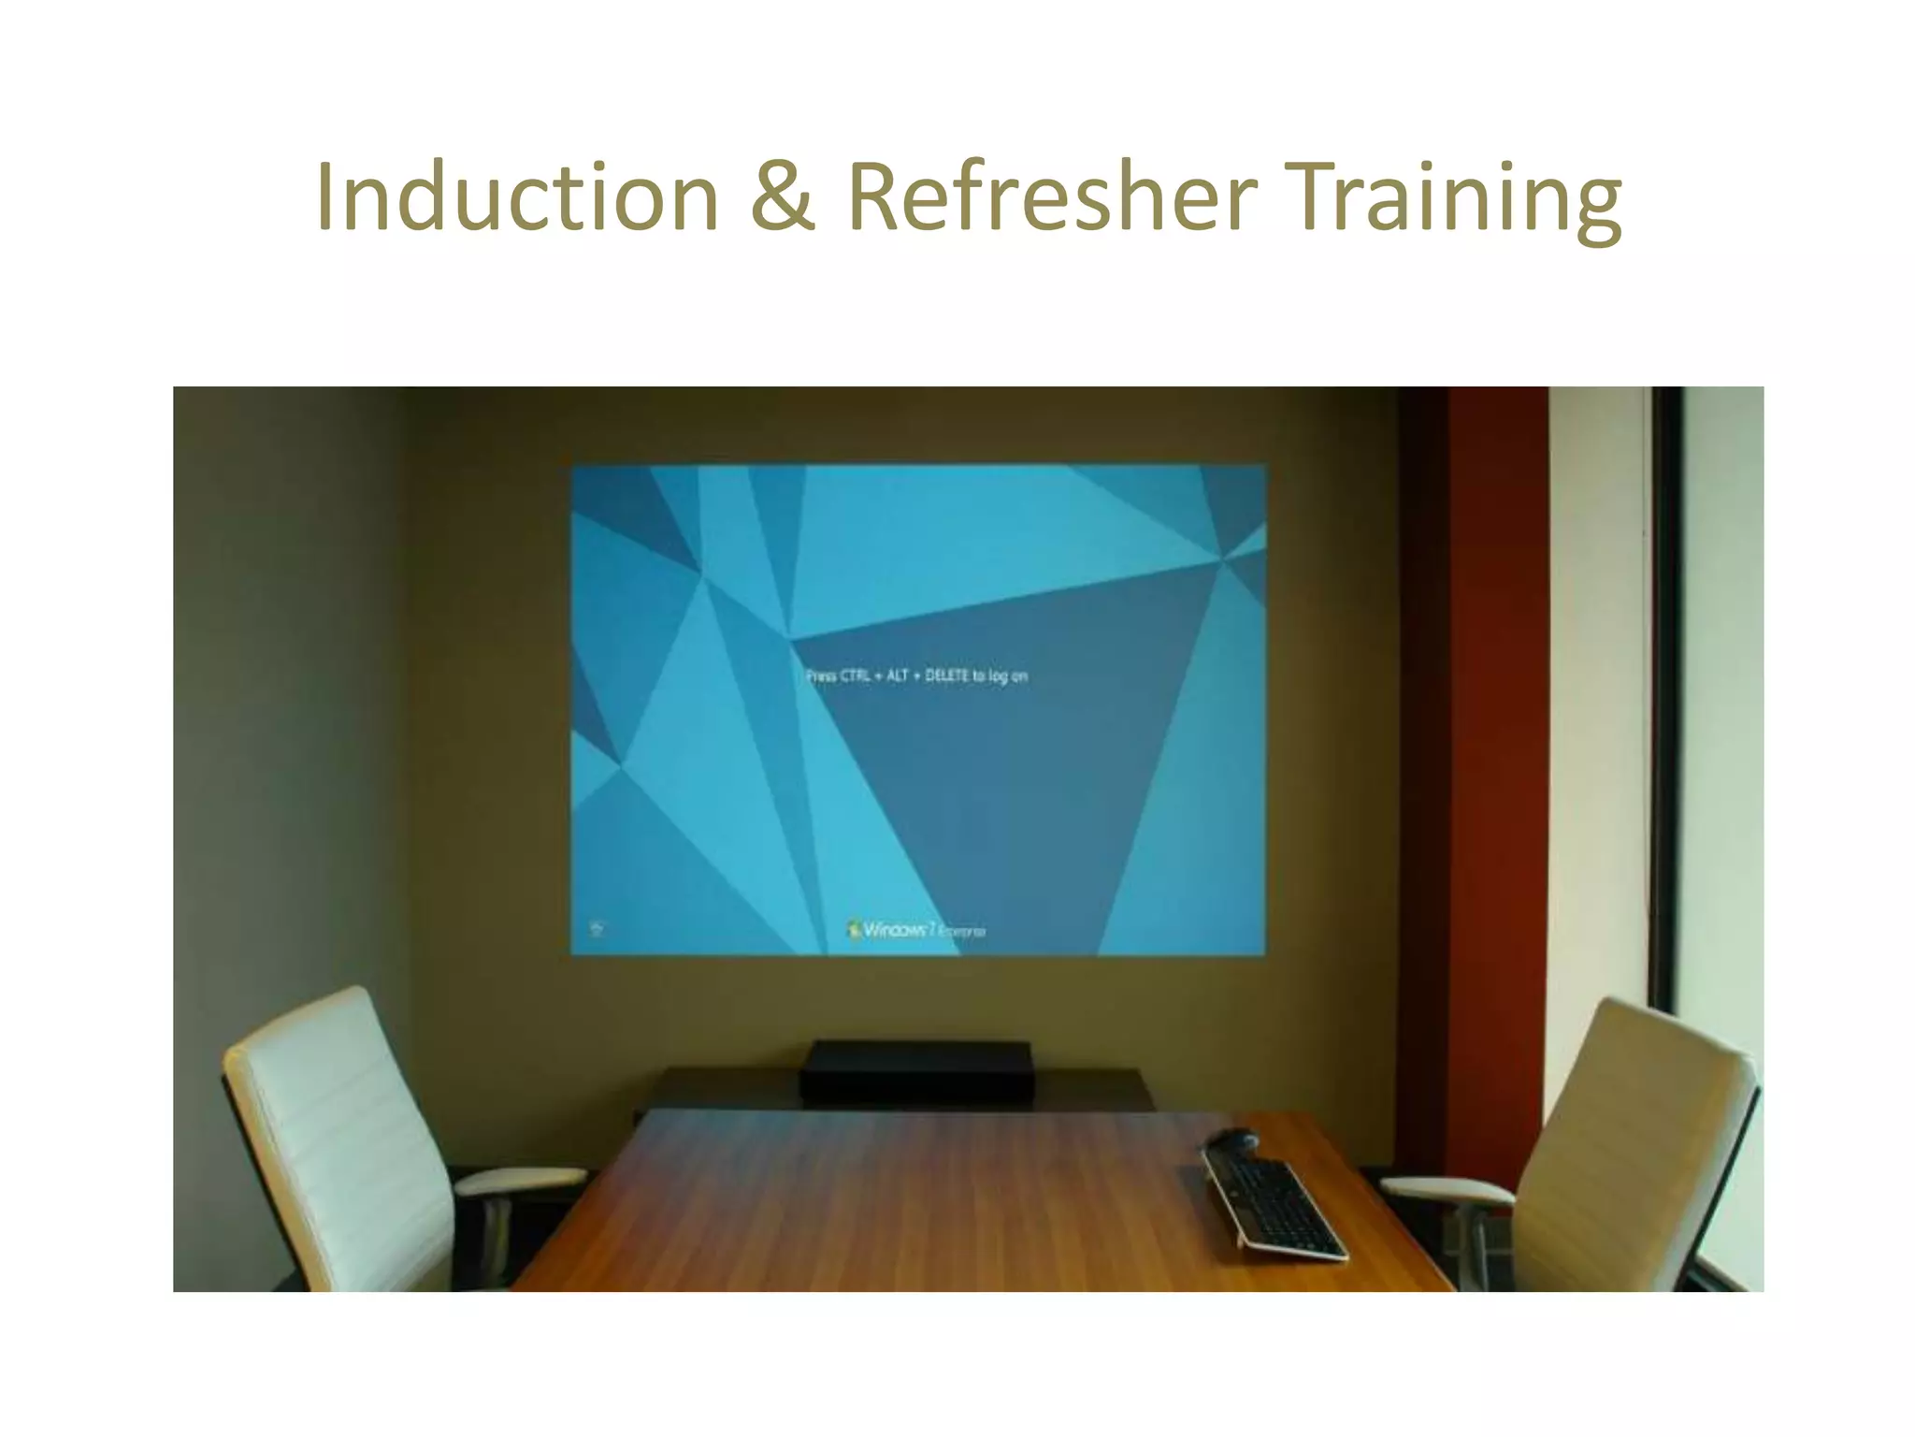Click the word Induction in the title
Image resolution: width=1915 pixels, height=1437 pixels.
tap(517, 197)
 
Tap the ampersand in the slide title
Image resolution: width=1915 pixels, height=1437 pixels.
tap(782, 197)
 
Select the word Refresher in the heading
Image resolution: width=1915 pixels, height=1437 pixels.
tap(1051, 197)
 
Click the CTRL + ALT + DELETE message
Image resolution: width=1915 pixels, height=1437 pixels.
tap(916, 675)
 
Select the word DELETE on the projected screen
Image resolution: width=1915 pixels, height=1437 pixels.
tap(946, 675)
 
